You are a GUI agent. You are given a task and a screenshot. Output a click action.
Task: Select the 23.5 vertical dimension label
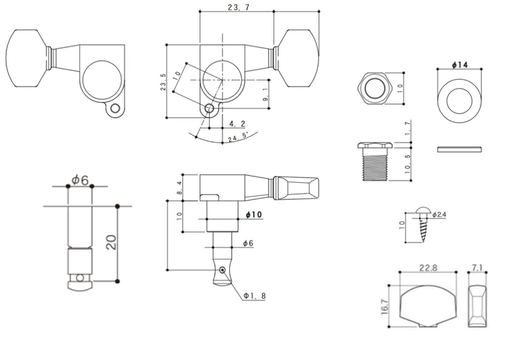(x=163, y=81)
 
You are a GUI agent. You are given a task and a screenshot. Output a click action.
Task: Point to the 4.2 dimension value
(x=237, y=124)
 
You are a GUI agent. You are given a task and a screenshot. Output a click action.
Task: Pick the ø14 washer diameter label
(x=460, y=65)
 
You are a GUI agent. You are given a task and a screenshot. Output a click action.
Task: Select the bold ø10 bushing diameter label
(x=254, y=215)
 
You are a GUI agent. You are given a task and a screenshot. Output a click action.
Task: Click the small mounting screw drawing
(x=423, y=225)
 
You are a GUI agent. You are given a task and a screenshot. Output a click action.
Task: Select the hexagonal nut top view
(x=375, y=88)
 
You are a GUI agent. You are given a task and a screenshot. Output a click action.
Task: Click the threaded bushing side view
(x=375, y=162)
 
